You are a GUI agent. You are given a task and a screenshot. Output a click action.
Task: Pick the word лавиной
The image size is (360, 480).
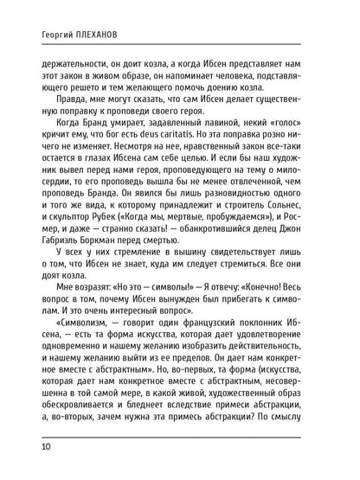point(228,148)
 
